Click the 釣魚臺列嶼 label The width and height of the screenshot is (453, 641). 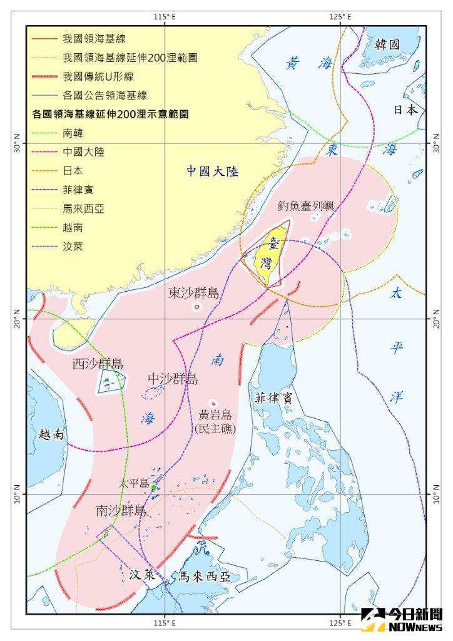[305, 206]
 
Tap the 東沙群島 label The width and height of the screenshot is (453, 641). [194, 293]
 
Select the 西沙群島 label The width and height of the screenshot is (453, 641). [98, 364]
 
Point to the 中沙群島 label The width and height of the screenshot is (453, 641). [173, 379]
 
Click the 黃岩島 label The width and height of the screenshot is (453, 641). [215, 415]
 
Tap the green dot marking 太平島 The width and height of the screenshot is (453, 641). [153, 488]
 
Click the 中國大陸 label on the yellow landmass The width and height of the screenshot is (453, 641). [213, 171]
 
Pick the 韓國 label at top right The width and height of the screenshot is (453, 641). [387, 44]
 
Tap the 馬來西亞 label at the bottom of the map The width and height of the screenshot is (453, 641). [205, 577]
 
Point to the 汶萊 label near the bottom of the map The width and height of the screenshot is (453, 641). [142, 574]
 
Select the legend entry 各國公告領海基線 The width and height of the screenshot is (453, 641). [104, 95]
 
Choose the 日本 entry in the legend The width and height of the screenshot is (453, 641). [73, 170]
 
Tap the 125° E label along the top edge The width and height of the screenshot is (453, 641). [340, 17]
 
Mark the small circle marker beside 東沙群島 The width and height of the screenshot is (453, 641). [197, 307]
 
